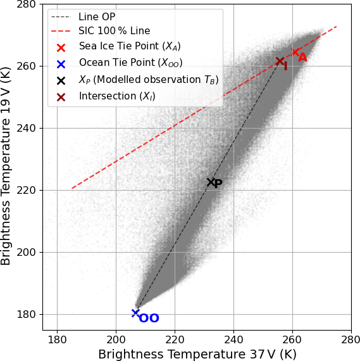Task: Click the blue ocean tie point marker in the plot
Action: (135, 313)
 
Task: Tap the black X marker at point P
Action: (211, 182)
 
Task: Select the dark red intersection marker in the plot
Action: (280, 61)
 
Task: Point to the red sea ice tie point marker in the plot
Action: (295, 52)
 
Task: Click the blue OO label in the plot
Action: (149, 318)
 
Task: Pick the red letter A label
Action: (302, 58)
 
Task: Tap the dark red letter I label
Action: (285, 66)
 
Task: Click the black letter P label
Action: (218, 184)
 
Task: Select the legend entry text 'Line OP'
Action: (97, 17)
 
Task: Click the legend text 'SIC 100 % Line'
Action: (115, 30)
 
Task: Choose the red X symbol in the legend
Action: (61, 47)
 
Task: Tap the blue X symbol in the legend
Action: (61, 64)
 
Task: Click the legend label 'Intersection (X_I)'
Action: (117, 96)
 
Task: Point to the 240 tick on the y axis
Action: (26, 128)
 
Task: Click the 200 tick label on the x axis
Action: (116, 340)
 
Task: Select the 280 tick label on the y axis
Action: (26, 4)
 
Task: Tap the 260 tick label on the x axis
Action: (292, 340)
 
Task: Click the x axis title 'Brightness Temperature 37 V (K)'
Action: (197, 354)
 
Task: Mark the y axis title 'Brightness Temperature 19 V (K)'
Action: (6, 166)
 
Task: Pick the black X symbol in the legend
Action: (61, 80)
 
